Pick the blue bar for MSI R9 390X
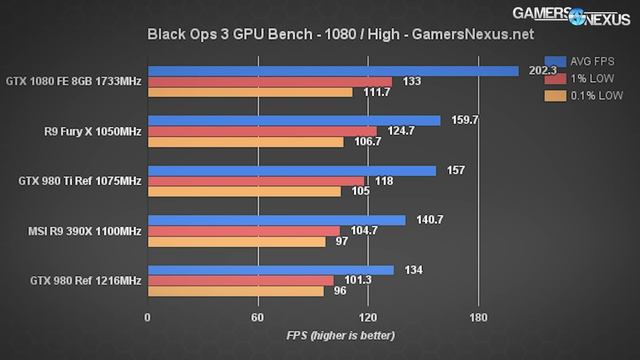coord(276,220)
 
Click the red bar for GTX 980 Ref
coord(240,280)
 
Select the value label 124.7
coord(398,131)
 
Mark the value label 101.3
coord(352,280)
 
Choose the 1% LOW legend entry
coord(584,78)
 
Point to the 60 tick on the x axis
coord(257,317)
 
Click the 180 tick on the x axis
coord(478,317)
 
